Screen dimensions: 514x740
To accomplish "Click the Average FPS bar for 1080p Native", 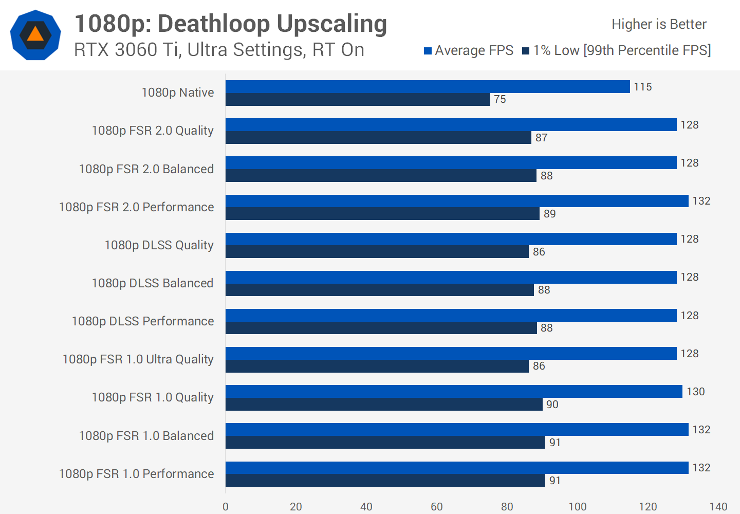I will pos(428,86).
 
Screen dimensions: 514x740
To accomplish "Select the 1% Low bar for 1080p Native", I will pos(358,99).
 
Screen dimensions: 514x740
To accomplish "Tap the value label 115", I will pos(642,87).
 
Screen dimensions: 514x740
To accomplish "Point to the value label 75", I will pos(500,99).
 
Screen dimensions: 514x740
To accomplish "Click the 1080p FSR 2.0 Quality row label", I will pos(153,131).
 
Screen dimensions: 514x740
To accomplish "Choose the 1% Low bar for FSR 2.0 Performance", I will pos(382,214).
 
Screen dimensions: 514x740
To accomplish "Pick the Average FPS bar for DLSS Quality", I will pos(451,239).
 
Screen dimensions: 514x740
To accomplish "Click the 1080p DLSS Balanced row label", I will pos(153,283).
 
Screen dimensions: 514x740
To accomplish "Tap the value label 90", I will pos(552,405).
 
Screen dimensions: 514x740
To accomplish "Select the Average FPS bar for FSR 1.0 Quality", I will pos(454,392).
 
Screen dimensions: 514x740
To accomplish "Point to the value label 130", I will pos(696,392).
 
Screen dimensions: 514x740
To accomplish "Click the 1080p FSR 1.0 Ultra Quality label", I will pos(138,359).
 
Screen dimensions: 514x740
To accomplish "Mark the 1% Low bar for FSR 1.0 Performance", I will pos(385,481).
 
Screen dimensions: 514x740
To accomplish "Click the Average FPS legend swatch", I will pos(428,51).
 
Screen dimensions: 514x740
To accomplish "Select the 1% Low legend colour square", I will pos(526,51).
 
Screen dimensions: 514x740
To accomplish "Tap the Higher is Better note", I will pos(659,24).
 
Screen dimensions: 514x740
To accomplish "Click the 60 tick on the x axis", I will pos(437,507).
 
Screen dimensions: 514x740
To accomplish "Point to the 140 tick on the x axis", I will pos(718,507).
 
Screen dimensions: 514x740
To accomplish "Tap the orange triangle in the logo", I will pos(35,34).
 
